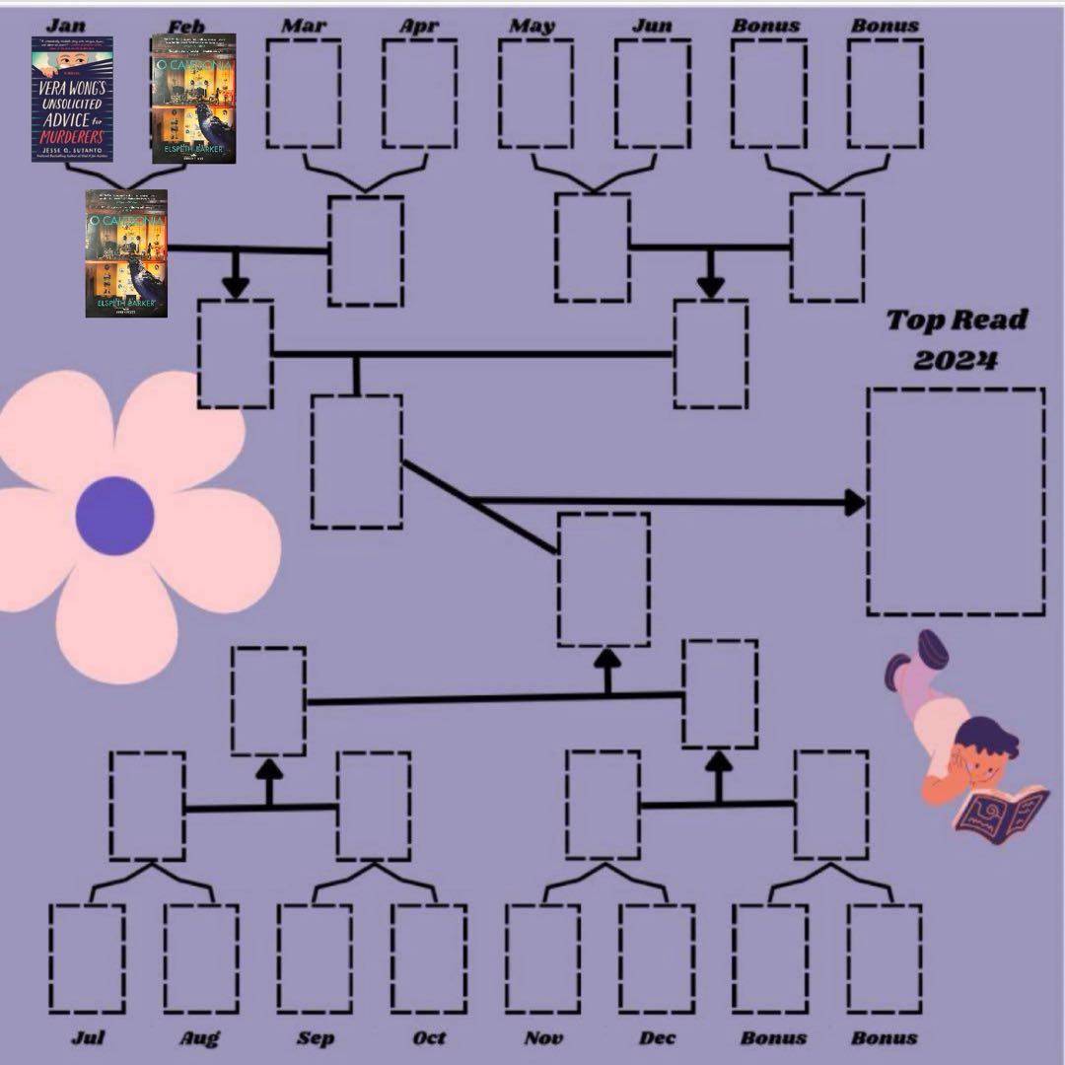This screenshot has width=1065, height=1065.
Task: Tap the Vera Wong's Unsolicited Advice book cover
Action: coord(72,100)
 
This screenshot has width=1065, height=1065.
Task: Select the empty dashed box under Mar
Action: coord(304,94)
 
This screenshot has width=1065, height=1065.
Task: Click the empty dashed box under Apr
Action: coord(420,94)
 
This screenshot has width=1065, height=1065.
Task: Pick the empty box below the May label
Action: coord(536,94)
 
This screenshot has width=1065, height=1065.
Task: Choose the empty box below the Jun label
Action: coord(652,94)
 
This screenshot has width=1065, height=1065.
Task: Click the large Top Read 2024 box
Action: coord(956,501)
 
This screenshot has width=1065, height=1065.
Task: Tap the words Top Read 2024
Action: coord(942,339)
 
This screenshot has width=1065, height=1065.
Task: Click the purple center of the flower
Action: coord(115,515)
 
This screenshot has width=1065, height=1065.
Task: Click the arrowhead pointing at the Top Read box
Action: coord(853,503)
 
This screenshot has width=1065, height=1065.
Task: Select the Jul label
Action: coord(89,1037)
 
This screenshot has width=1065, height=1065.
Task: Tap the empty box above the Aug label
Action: coord(201,958)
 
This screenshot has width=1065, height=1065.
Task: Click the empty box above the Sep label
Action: coord(315,958)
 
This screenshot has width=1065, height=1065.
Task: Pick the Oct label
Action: coord(429,1037)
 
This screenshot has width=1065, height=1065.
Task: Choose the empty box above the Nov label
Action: coord(543,958)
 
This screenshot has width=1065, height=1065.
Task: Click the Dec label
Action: coord(657,1037)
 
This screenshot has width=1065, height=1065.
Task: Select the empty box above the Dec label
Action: coord(657,958)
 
